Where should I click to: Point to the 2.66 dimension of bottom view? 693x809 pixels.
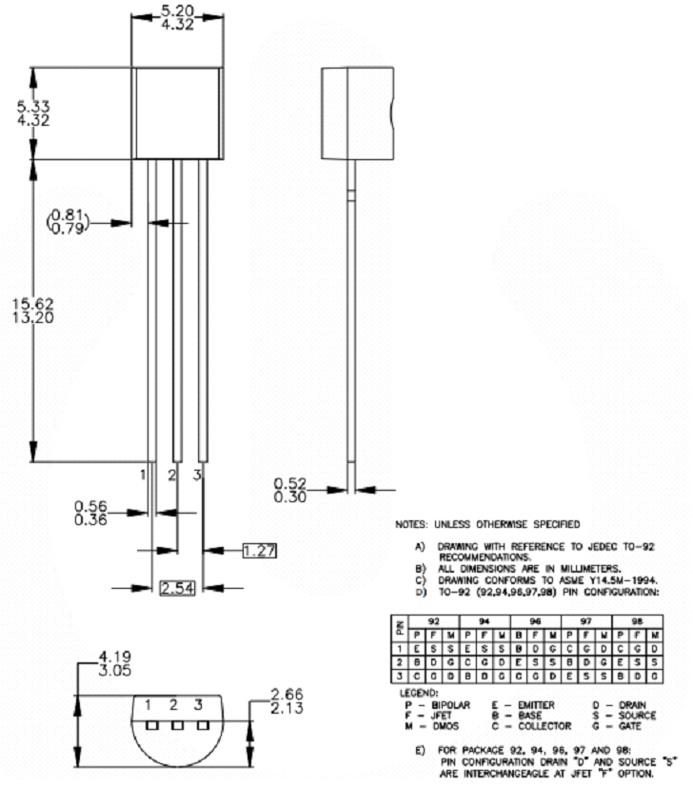pos(287,694)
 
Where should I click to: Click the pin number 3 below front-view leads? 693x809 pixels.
pos(198,474)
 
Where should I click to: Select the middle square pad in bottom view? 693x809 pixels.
pos(175,724)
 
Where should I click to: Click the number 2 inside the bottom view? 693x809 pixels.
pos(174,706)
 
